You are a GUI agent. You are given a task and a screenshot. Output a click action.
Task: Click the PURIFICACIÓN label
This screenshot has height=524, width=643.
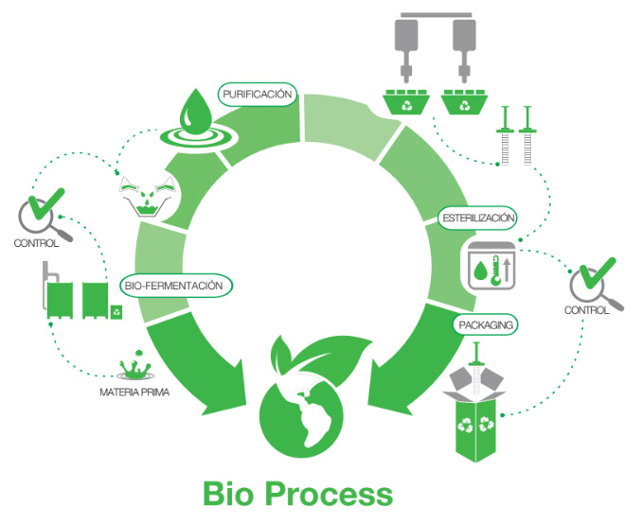(259, 94)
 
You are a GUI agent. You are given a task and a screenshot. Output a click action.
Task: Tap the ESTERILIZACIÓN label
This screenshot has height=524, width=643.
(478, 218)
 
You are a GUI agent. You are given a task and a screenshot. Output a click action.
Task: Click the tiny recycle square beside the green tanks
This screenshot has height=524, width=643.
(116, 309)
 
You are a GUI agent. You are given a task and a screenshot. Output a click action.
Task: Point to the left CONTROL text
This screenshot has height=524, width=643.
(37, 243)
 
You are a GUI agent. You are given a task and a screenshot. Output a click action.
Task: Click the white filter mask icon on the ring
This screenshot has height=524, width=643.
(148, 194)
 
